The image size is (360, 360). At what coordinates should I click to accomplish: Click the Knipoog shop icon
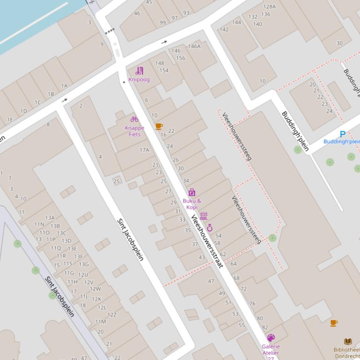click(139, 71)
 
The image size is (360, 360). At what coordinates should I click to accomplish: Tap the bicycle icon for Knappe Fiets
click(134, 119)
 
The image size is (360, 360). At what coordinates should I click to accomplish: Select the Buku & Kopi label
click(191, 204)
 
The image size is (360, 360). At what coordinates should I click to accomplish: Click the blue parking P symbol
click(342, 134)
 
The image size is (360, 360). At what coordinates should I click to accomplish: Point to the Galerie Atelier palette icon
click(271, 338)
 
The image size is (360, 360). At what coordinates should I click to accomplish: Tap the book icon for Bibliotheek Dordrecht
click(348, 342)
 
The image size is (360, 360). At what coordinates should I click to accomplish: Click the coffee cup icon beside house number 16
click(159, 126)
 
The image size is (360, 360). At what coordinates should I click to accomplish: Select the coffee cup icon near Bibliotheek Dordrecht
click(334, 323)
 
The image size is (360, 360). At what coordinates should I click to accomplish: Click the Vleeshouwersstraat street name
click(206, 241)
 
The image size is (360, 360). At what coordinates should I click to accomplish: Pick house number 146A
click(194, 46)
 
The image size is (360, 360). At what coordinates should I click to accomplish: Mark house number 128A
click(269, 7)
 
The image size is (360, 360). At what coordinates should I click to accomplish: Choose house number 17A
click(144, 150)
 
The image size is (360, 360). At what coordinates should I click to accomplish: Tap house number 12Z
click(111, 315)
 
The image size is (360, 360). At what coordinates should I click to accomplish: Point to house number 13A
click(50, 218)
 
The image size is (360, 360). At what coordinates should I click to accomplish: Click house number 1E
click(9, 120)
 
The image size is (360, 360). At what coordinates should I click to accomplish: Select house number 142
click(224, 29)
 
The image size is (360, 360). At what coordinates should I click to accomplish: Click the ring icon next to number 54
click(210, 228)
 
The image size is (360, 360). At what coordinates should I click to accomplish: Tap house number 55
click(242, 325)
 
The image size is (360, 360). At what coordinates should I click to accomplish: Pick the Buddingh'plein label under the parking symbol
click(342, 142)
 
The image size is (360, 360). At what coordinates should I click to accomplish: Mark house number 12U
click(83, 275)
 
